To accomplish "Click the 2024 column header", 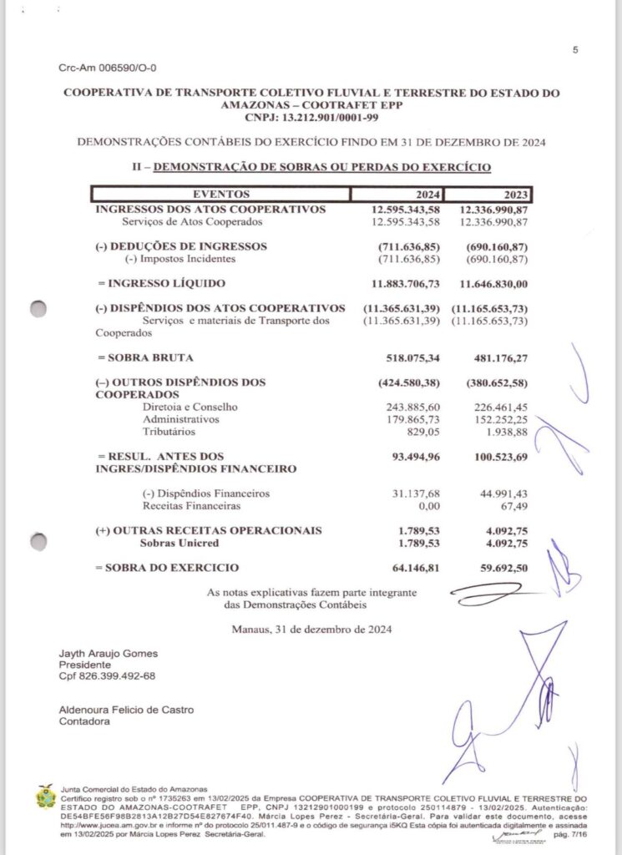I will [x=426, y=194].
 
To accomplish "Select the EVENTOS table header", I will [x=220, y=194].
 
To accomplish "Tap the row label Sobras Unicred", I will [x=180, y=544].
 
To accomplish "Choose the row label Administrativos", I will [x=181, y=419].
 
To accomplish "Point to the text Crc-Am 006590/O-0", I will [x=108, y=68].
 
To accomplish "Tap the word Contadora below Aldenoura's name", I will [x=84, y=721].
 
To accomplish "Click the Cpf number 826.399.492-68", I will [x=107, y=675].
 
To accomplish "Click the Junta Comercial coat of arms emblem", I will [x=45, y=799].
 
